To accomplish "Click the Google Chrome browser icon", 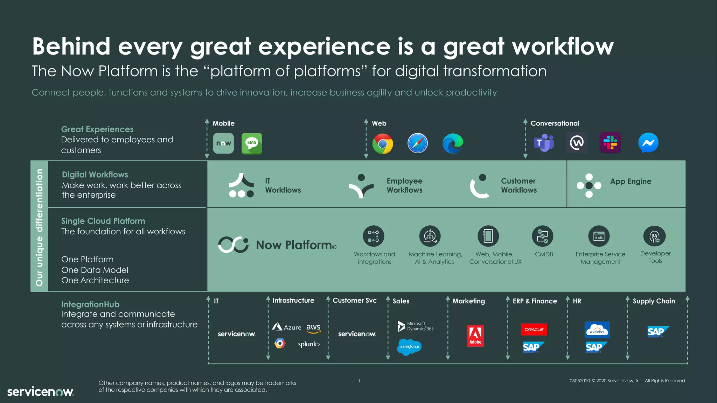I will click(382, 144).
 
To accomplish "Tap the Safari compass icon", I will click(417, 143).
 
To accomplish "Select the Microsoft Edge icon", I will click(453, 143).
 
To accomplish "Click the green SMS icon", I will click(252, 143).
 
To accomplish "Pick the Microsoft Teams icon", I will click(544, 143).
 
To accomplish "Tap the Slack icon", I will click(610, 143).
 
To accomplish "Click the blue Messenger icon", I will click(648, 143).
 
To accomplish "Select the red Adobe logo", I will click(475, 336).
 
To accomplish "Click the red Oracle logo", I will click(534, 329).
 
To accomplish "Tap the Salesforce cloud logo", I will click(409, 347).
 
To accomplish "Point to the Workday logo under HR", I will click(597, 330).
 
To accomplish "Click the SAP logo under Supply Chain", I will click(657, 331).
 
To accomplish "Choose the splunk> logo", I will click(309, 344).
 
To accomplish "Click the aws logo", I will click(313, 328).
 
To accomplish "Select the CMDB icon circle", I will click(542, 236).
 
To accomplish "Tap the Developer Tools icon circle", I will click(654, 236).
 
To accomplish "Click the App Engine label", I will click(631, 181).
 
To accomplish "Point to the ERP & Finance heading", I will click(535, 301).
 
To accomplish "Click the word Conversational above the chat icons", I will click(555, 123).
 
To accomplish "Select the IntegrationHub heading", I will click(90, 304).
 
